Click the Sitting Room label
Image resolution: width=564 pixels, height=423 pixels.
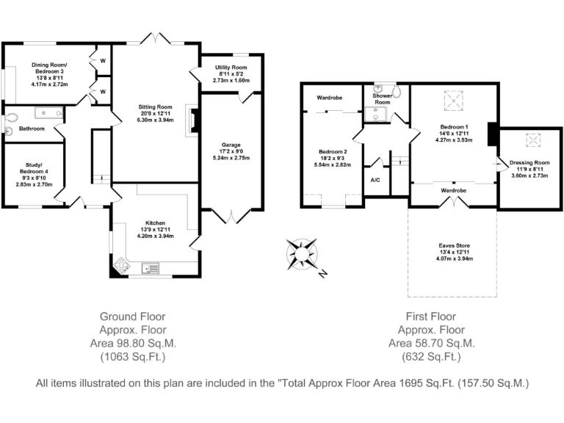[156, 106]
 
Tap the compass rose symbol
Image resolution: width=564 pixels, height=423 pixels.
[301, 255]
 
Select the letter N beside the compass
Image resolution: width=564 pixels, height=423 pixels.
[322, 274]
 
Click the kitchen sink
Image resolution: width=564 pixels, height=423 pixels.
[151, 268]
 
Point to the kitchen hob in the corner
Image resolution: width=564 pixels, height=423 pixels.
[122, 266]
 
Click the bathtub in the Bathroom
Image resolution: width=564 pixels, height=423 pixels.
[49, 113]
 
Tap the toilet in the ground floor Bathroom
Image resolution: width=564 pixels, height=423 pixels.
[11, 118]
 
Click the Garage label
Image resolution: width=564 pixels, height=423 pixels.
[231, 145]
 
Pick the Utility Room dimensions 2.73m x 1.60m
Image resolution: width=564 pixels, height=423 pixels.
[231, 80]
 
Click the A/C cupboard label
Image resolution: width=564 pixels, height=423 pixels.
[375, 180]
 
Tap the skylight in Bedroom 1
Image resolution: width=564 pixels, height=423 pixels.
[454, 101]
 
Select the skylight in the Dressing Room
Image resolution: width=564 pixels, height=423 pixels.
[533, 140]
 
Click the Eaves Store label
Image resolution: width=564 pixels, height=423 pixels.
[455, 246]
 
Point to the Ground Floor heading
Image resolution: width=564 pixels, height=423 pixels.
[132, 317]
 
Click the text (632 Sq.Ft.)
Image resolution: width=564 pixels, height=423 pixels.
[431, 356]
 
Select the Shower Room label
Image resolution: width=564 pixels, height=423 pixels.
[383, 99]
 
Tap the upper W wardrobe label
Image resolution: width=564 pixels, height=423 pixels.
[103, 61]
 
